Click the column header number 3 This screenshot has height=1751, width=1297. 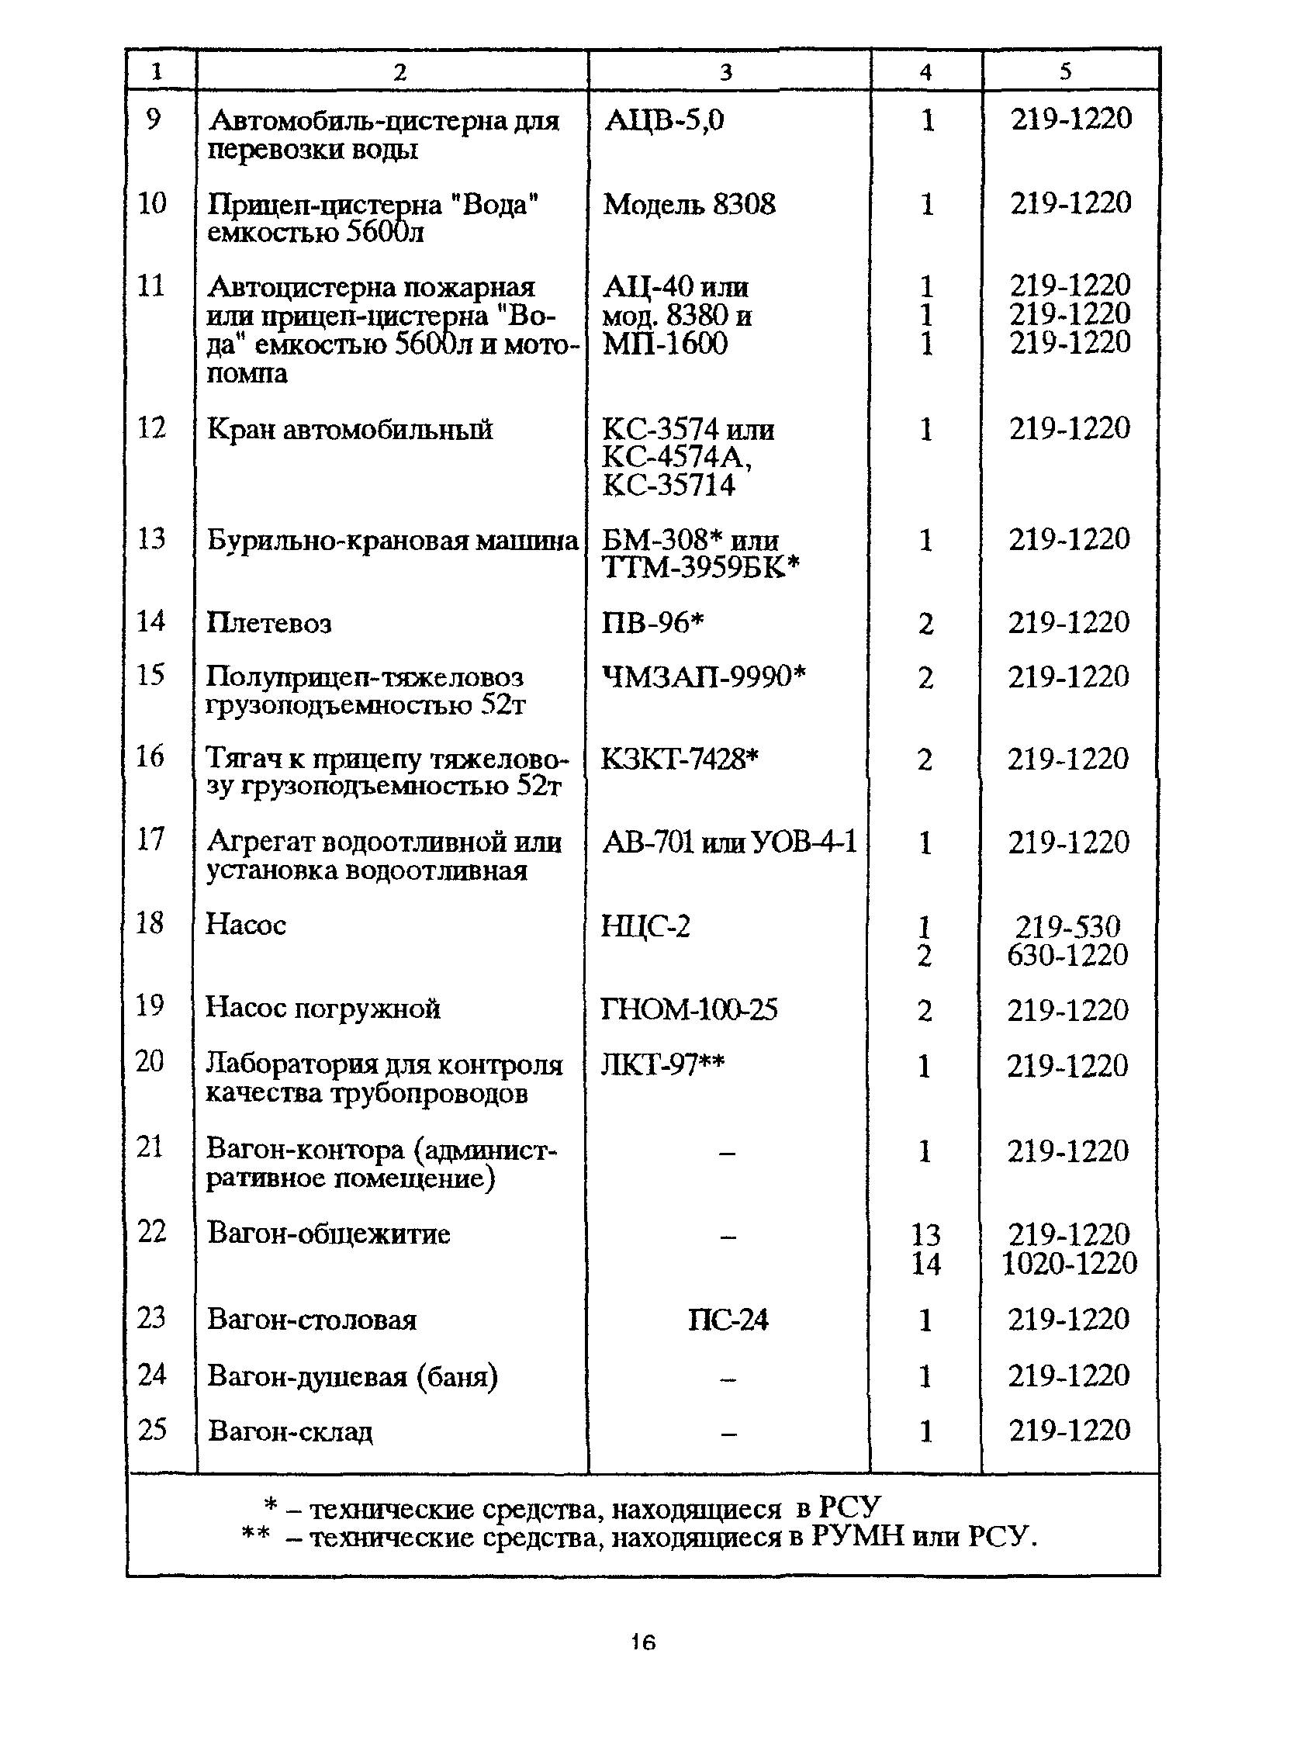(726, 72)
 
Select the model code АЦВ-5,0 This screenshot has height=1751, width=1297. (664, 120)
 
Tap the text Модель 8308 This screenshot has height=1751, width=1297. (690, 204)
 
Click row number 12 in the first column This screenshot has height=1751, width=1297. (151, 428)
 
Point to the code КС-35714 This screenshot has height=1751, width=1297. (669, 485)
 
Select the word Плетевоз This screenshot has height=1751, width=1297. (269, 624)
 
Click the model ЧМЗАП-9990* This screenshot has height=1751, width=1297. (704, 676)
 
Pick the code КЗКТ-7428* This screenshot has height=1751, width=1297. (680, 760)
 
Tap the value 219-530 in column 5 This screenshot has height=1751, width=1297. (1067, 926)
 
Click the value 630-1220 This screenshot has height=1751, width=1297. (1067, 955)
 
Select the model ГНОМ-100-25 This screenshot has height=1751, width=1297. (690, 1010)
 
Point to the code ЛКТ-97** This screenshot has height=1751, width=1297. (662, 1065)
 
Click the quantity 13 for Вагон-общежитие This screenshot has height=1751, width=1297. (925, 1235)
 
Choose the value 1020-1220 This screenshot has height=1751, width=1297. (1069, 1263)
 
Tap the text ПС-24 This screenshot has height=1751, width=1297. (728, 1320)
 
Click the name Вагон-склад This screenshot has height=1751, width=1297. (290, 1431)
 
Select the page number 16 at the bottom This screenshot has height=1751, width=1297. (643, 1642)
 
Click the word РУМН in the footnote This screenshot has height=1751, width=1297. (857, 1537)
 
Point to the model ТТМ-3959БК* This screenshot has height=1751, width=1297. (700, 567)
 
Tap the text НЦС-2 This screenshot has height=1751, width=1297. (645, 926)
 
